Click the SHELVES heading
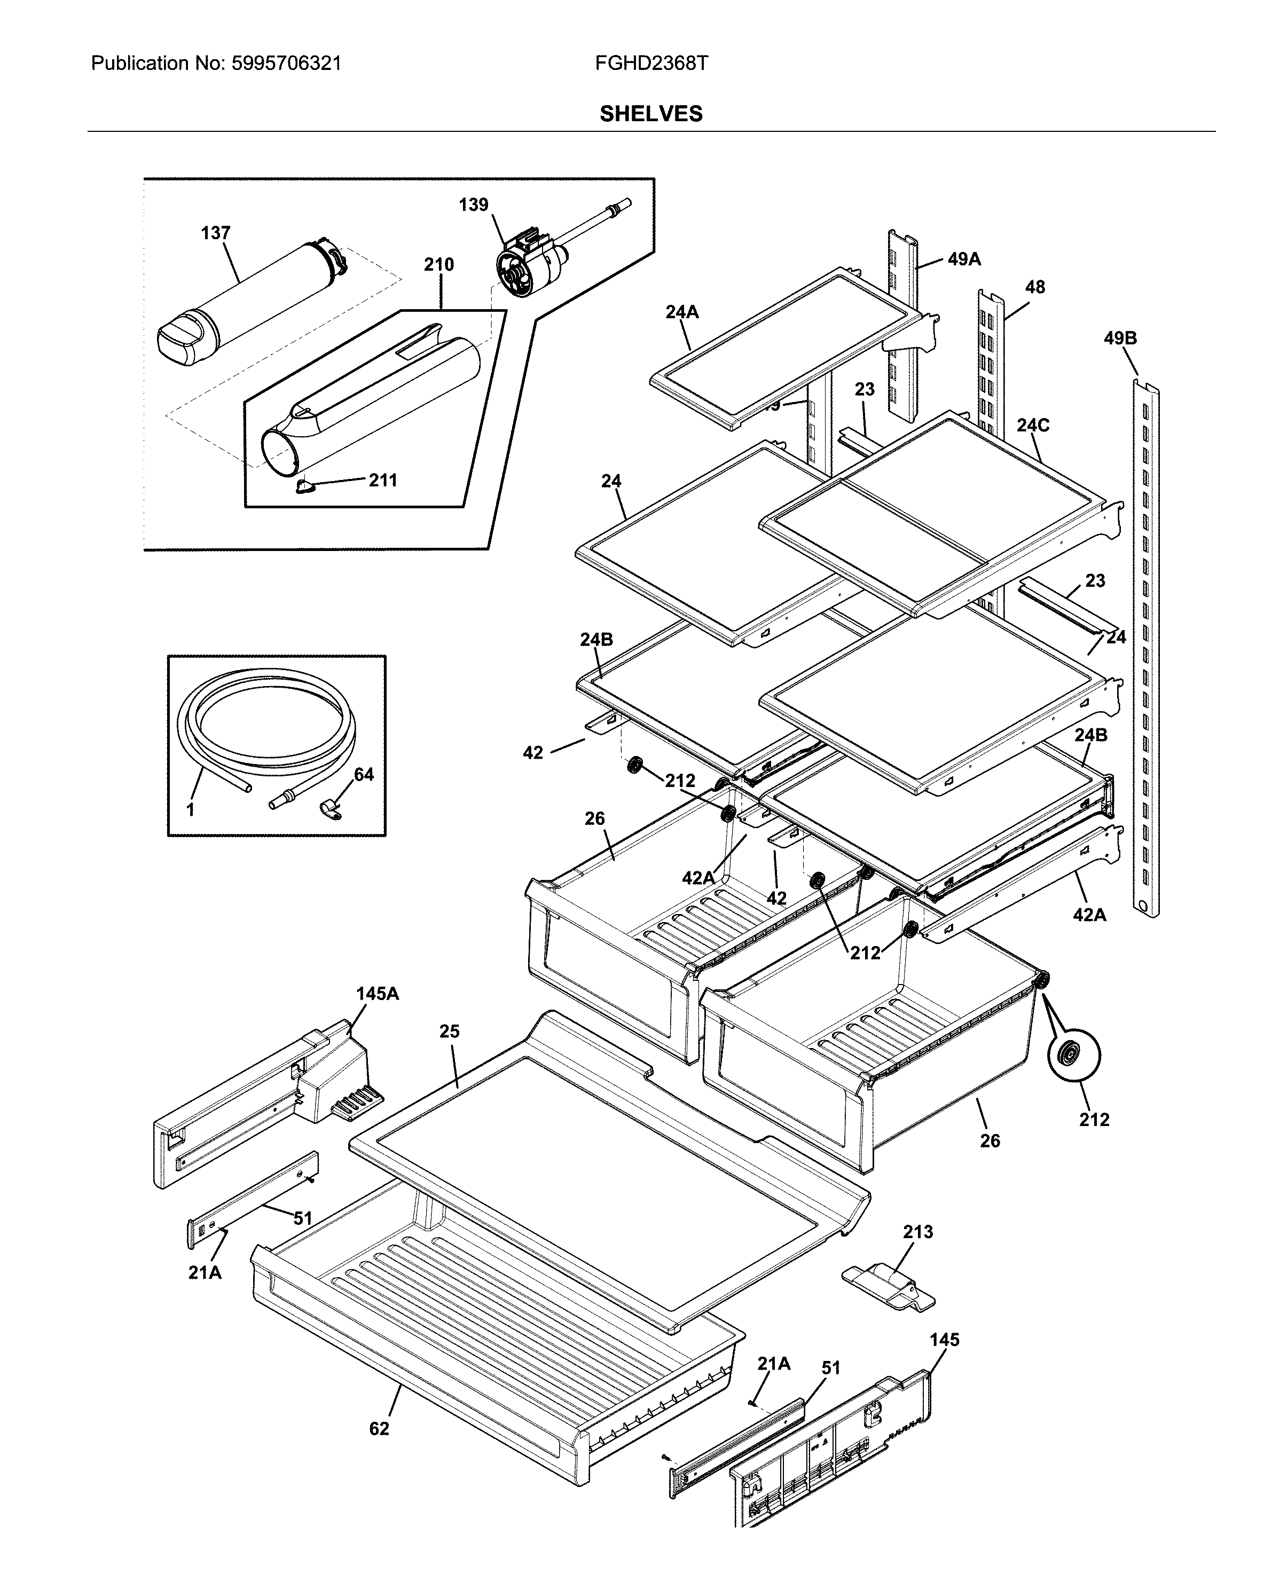[x=650, y=114]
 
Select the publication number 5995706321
[x=286, y=64]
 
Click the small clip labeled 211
[x=305, y=486]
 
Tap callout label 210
[x=438, y=264]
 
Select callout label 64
[x=364, y=774]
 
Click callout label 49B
[x=1120, y=339]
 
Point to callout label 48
[x=1034, y=287]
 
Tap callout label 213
[x=917, y=1232]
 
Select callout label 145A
[x=378, y=994]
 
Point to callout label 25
[x=449, y=1031]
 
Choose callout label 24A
[x=681, y=312]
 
